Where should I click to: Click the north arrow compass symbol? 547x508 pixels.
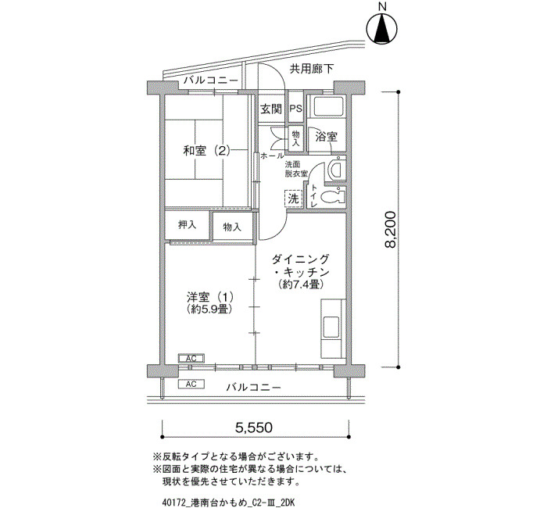(383, 29)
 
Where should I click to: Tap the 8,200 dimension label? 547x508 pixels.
(391, 230)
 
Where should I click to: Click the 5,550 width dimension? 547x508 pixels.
(254, 427)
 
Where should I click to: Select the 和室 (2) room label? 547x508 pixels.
(207, 151)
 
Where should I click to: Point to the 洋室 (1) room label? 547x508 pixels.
(209, 297)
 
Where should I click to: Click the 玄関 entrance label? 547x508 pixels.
(271, 109)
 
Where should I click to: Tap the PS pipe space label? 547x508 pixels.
(296, 109)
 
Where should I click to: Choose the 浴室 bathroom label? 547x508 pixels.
(326, 137)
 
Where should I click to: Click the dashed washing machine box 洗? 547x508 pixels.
(293, 199)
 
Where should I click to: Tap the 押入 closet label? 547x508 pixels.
(188, 225)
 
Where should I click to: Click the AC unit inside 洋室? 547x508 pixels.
(191, 358)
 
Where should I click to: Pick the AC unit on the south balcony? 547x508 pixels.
(191, 385)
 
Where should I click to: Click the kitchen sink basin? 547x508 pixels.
(331, 326)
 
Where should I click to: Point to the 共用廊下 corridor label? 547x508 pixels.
(312, 69)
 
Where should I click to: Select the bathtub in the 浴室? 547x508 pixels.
(328, 107)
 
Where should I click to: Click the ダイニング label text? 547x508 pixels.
(300, 259)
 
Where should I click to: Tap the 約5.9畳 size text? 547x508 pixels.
(209, 309)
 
